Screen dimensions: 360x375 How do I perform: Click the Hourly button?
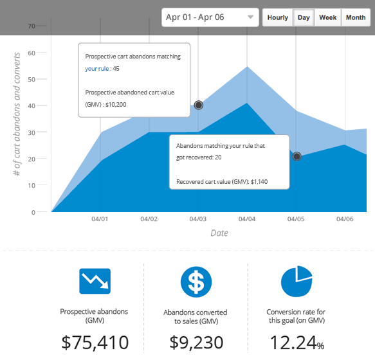coord(277,17)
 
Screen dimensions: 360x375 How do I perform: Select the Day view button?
coord(304,17)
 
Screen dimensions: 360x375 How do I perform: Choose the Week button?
coord(328,17)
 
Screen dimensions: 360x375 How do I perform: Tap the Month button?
coord(356,17)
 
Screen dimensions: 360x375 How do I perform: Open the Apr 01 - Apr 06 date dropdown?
coord(210,17)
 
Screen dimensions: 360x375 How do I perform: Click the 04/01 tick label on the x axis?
coord(100,219)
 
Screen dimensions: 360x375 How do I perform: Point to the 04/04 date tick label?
coord(247,219)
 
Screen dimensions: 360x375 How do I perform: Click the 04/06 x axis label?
coord(345,219)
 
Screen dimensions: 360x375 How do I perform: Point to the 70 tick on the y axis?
coord(31,26)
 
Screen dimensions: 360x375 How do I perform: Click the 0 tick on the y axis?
coord(33,212)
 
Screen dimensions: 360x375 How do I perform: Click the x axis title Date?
coord(219,233)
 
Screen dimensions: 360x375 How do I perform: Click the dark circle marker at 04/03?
coord(199,105)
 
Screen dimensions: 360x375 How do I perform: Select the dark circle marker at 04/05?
coord(297,156)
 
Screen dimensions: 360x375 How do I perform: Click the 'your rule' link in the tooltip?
coord(96,68)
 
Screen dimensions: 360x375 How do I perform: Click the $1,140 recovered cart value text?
coord(259,182)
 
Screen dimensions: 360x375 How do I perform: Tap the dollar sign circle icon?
coord(196,281)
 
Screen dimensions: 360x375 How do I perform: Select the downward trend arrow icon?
coord(95,281)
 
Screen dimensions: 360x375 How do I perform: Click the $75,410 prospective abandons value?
coord(95,342)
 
